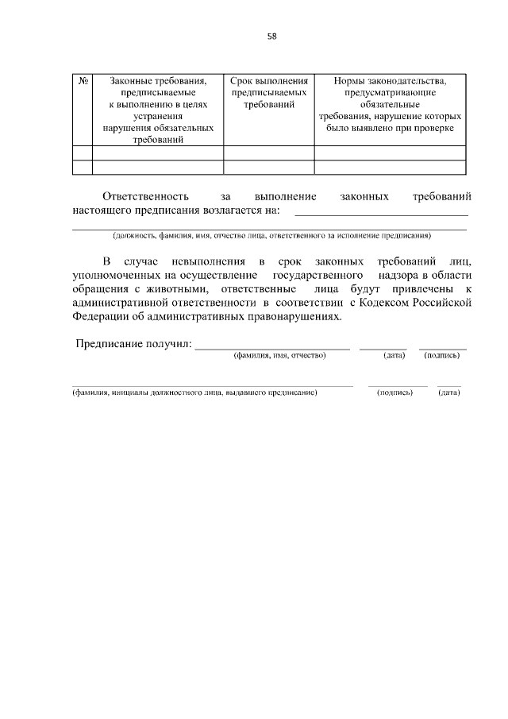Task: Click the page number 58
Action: tap(272, 36)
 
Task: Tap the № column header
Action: tap(83, 81)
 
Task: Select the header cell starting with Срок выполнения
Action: tap(268, 92)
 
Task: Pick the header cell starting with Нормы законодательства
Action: tap(390, 103)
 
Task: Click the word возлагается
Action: tap(231, 211)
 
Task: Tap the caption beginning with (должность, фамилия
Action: tap(271, 236)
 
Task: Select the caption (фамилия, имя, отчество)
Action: tap(279, 355)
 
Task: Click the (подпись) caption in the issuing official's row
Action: tap(394, 392)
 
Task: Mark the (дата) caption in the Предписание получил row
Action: tap(394, 355)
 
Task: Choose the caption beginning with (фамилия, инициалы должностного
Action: tap(194, 392)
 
